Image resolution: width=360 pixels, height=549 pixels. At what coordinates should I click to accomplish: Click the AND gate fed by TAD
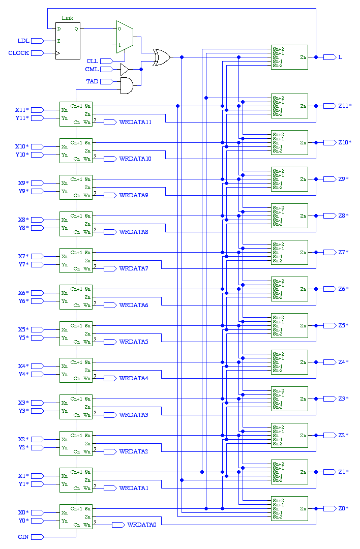coord(126,85)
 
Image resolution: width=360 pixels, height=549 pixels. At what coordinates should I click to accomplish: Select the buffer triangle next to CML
coord(125,69)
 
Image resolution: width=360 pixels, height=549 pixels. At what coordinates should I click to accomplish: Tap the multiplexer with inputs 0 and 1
coord(125,37)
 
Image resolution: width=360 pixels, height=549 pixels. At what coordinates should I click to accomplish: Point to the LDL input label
coord(23,41)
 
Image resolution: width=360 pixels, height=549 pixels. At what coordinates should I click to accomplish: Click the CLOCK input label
coord(19,53)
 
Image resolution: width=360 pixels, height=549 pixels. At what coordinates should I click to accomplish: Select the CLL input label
coord(92,61)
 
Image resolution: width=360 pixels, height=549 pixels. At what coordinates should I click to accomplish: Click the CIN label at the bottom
coord(23,537)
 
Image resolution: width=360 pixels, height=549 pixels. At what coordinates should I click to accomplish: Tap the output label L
coord(340,57)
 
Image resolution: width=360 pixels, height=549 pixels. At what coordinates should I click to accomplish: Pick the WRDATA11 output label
coord(135,122)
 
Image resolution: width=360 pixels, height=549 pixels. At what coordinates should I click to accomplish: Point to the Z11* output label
coord(345,106)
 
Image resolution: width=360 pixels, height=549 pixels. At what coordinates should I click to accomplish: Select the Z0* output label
coord(343,508)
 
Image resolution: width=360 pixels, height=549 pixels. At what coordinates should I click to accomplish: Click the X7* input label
coord(23,256)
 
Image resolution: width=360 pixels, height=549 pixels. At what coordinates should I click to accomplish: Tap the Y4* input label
coord(23,374)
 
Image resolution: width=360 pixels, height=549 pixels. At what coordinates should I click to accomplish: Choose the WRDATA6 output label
coord(134,305)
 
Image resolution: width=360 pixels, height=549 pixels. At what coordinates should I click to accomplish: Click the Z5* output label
coord(343,325)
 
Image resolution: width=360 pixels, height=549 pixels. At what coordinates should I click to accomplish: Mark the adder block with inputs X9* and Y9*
coord(76,187)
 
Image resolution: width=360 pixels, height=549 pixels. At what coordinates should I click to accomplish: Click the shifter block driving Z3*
coord(289,399)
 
